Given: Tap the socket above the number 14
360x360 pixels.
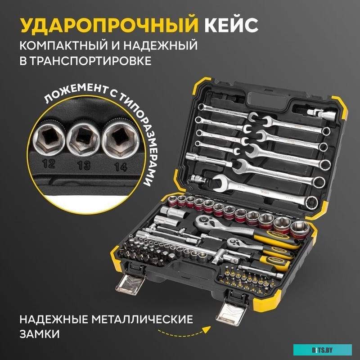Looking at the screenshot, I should pyautogui.click(x=118, y=138).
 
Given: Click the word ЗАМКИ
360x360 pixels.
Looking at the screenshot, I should pyautogui.click(x=40, y=335).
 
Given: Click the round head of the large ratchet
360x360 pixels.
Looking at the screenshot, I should pyautogui.click(x=205, y=221).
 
